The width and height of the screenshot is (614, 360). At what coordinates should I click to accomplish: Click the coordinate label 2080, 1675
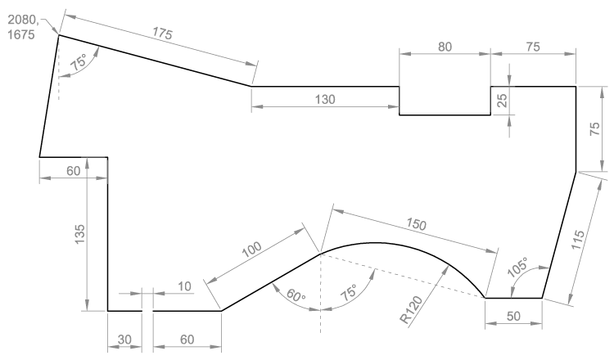21,24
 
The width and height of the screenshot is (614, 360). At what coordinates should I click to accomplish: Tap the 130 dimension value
325,98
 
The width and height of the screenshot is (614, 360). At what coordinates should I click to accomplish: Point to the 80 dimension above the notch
445,47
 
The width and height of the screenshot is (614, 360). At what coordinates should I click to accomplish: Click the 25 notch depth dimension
501,100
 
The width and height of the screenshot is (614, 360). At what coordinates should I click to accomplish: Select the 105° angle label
519,267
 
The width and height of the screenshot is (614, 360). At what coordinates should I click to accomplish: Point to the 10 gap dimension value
184,286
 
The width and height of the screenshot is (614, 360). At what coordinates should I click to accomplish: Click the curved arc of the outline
385,243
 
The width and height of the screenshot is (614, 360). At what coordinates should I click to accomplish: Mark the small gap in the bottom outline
147,311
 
